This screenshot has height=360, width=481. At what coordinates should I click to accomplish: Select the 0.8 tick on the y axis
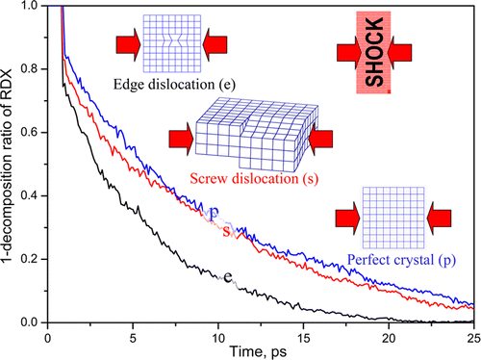pyautogui.click(x=34, y=67)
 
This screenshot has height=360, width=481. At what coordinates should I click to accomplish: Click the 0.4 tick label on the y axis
pyautogui.click(x=34, y=195)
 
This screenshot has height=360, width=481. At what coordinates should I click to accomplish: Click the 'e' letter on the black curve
pyautogui.click(x=228, y=277)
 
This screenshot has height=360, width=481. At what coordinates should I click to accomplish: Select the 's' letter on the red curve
pyautogui.click(x=226, y=230)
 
